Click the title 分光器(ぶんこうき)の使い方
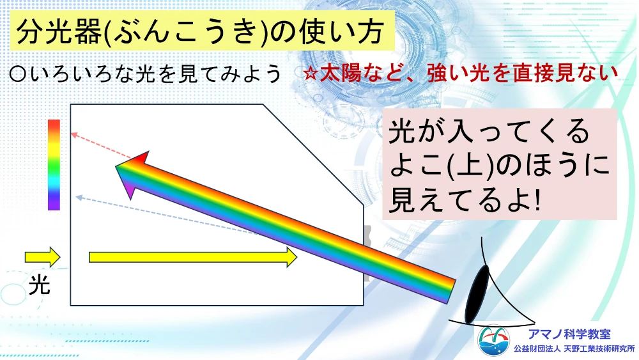[200, 31]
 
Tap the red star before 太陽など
[311, 74]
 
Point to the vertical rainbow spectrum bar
[54, 165]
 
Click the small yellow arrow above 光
[42, 257]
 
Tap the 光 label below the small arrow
[39, 285]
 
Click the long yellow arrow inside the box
[193, 257]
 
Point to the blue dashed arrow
[166, 215]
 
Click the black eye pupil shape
[477, 294]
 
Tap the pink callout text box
[499, 164]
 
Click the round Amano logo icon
[493, 341]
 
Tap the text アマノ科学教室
[569, 334]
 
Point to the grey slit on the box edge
[367, 253]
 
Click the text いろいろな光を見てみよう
[156, 74]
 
